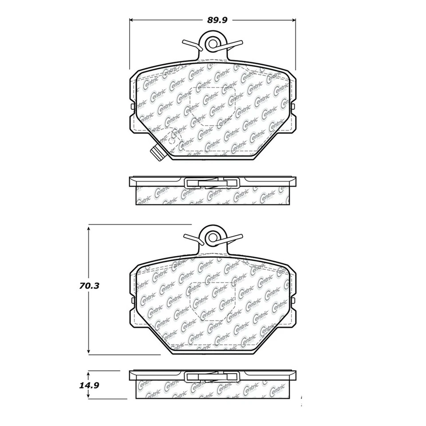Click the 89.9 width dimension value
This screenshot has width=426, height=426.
[213, 20]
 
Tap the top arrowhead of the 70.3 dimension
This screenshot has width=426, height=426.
[89, 227]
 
